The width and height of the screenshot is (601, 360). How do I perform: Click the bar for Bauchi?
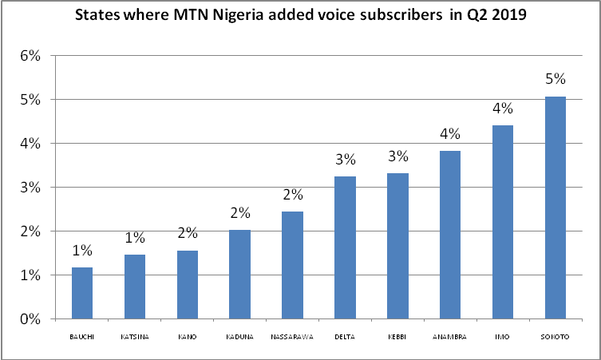[x=82, y=293]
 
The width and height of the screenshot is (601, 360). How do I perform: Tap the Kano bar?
[x=188, y=285]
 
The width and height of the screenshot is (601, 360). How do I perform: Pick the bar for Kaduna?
[x=240, y=275]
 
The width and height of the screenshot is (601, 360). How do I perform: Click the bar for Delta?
[x=345, y=247]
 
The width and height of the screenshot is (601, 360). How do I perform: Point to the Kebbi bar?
[x=397, y=246]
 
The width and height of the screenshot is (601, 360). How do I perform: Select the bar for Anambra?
[x=450, y=235]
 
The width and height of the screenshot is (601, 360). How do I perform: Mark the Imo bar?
[x=503, y=222]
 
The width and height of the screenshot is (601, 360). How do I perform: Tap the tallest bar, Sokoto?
[x=555, y=208]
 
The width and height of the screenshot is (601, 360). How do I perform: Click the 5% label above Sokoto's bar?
[x=556, y=79]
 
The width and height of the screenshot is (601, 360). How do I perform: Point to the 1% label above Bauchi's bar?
[x=82, y=250]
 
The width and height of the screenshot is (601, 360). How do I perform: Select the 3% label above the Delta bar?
[x=345, y=159]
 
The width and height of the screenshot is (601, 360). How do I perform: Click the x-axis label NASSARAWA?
[x=292, y=337]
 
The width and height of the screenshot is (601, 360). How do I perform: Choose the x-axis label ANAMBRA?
[x=450, y=337]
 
